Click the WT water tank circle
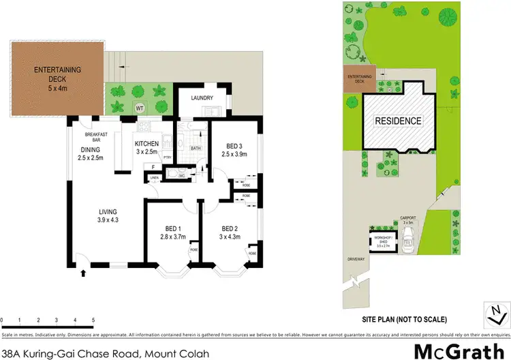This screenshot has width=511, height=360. [x=140, y=108]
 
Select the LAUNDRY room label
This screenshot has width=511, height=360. [x=203, y=98]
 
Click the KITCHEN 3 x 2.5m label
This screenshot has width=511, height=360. [x=147, y=148]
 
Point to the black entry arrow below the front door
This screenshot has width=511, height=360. [x=84, y=273]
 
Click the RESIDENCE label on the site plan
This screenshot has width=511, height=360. [x=399, y=121]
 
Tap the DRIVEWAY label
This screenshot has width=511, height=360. [x=357, y=259]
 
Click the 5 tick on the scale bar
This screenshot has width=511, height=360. [x=93, y=320]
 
